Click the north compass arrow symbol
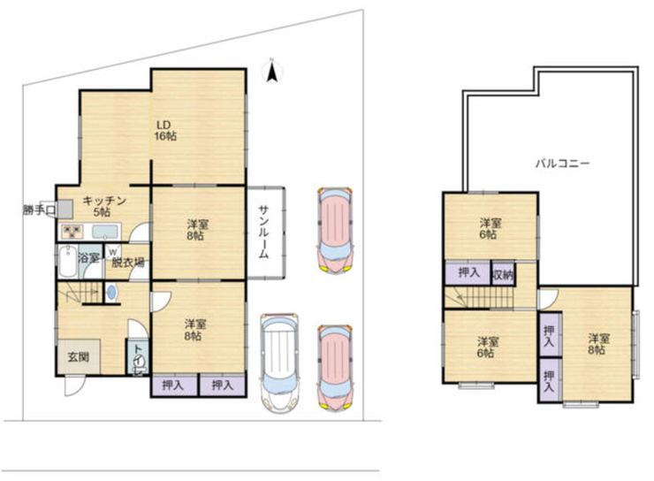coord(272,72)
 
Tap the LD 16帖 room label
coord(165,130)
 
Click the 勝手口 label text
coord(39,210)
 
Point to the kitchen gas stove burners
coord(72,232)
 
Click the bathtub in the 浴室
coord(67,262)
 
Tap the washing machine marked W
coord(112,252)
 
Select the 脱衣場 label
coord(127,263)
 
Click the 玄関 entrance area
coord(79,356)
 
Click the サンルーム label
coord(263,232)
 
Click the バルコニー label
coord(563,163)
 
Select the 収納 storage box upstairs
coord(504,274)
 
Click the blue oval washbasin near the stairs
coord(111,292)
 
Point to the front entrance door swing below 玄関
coord(75,386)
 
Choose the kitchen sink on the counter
coord(105,231)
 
